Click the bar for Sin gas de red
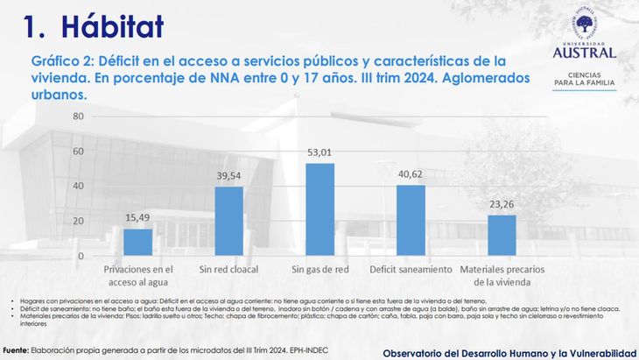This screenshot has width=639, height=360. click(x=319, y=209)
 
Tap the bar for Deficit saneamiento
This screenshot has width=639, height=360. click(x=411, y=220)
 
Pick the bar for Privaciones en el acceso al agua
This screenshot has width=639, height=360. click(x=137, y=242)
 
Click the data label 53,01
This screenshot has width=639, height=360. click(x=319, y=153)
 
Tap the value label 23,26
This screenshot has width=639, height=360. click(x=502, y=205)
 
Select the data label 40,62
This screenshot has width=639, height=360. click(x=411, y=174)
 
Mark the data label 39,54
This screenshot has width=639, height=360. click(x=228, y=176)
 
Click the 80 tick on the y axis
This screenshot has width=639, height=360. click(x=78, y=116)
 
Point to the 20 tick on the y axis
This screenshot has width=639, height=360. click(x=78, y=221)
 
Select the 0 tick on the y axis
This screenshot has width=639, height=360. click(x=81, y=256)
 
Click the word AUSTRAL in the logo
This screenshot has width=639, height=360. click(x=584, y=52)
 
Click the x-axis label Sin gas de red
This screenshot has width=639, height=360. click(x=319, y=270)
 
